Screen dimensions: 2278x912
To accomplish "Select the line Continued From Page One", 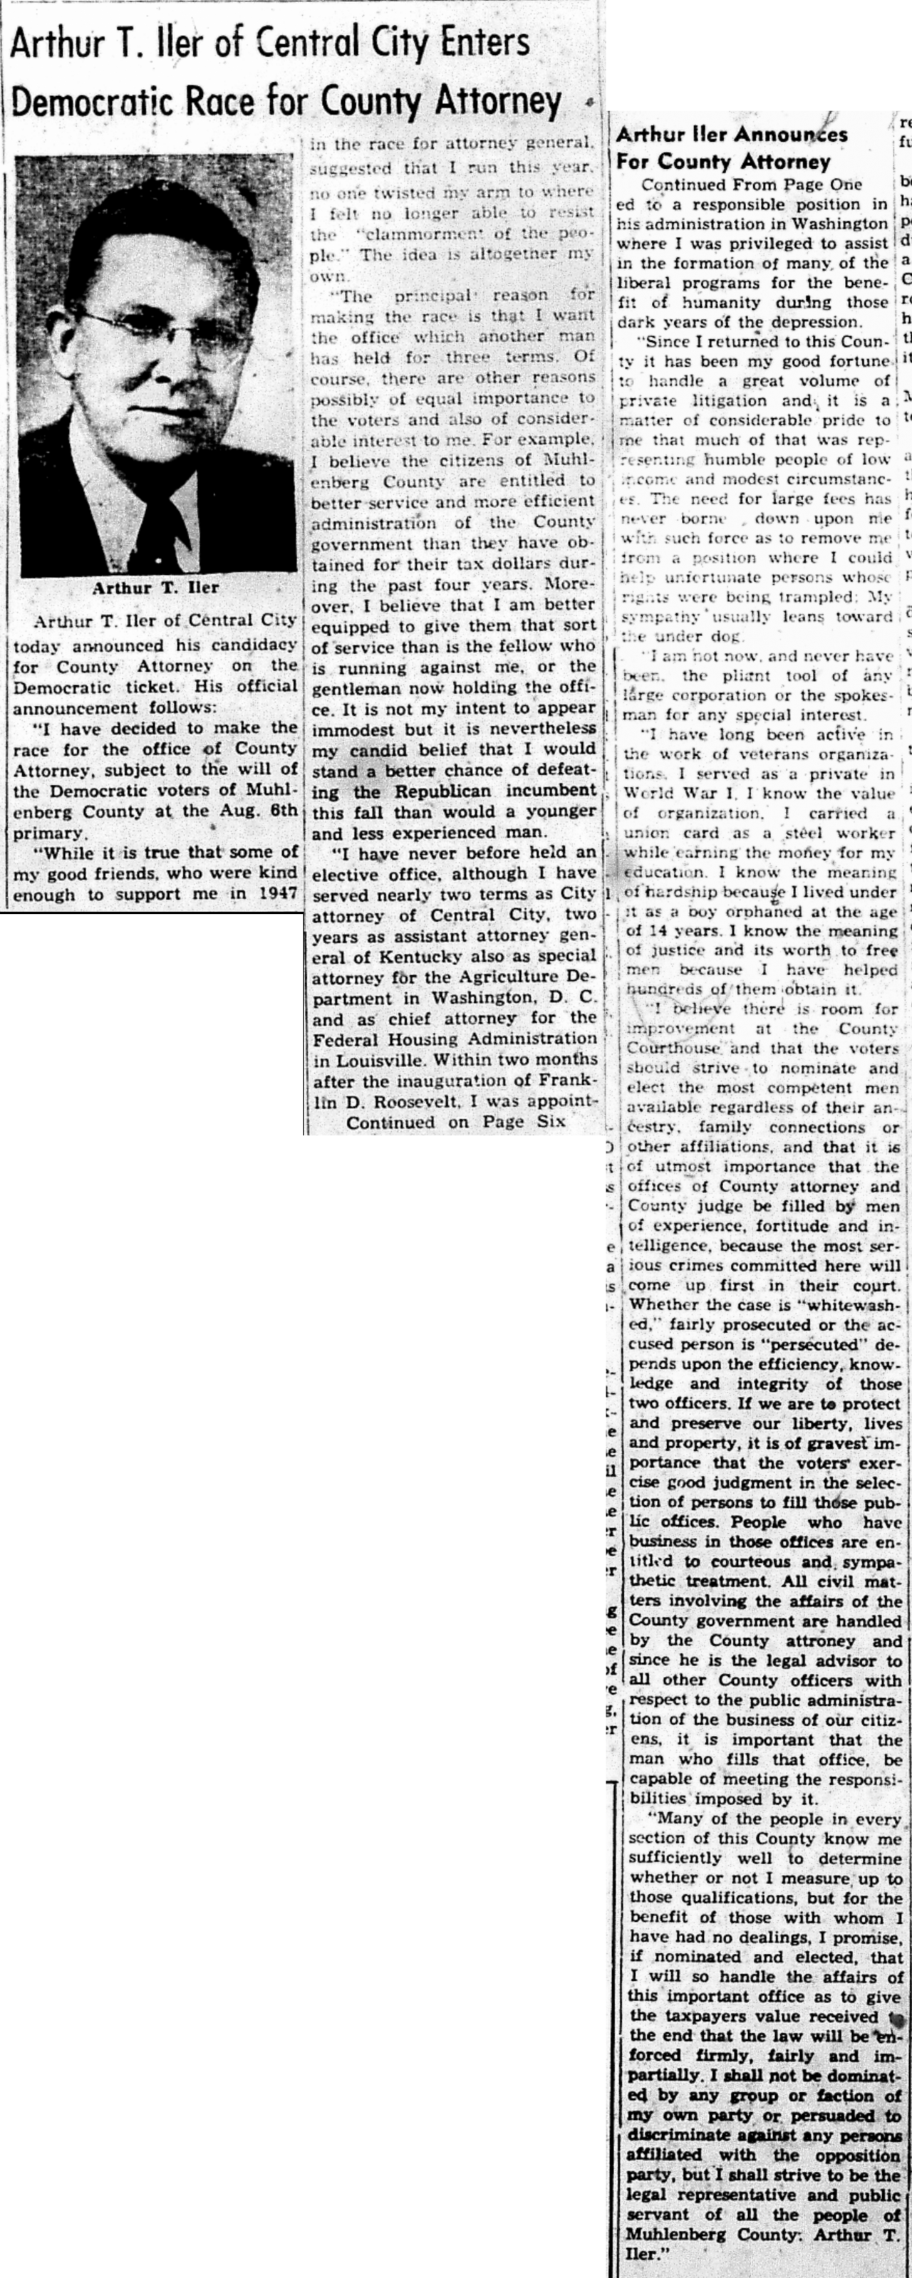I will point(751,184).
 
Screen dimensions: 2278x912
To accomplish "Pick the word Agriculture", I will point(513,977).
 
